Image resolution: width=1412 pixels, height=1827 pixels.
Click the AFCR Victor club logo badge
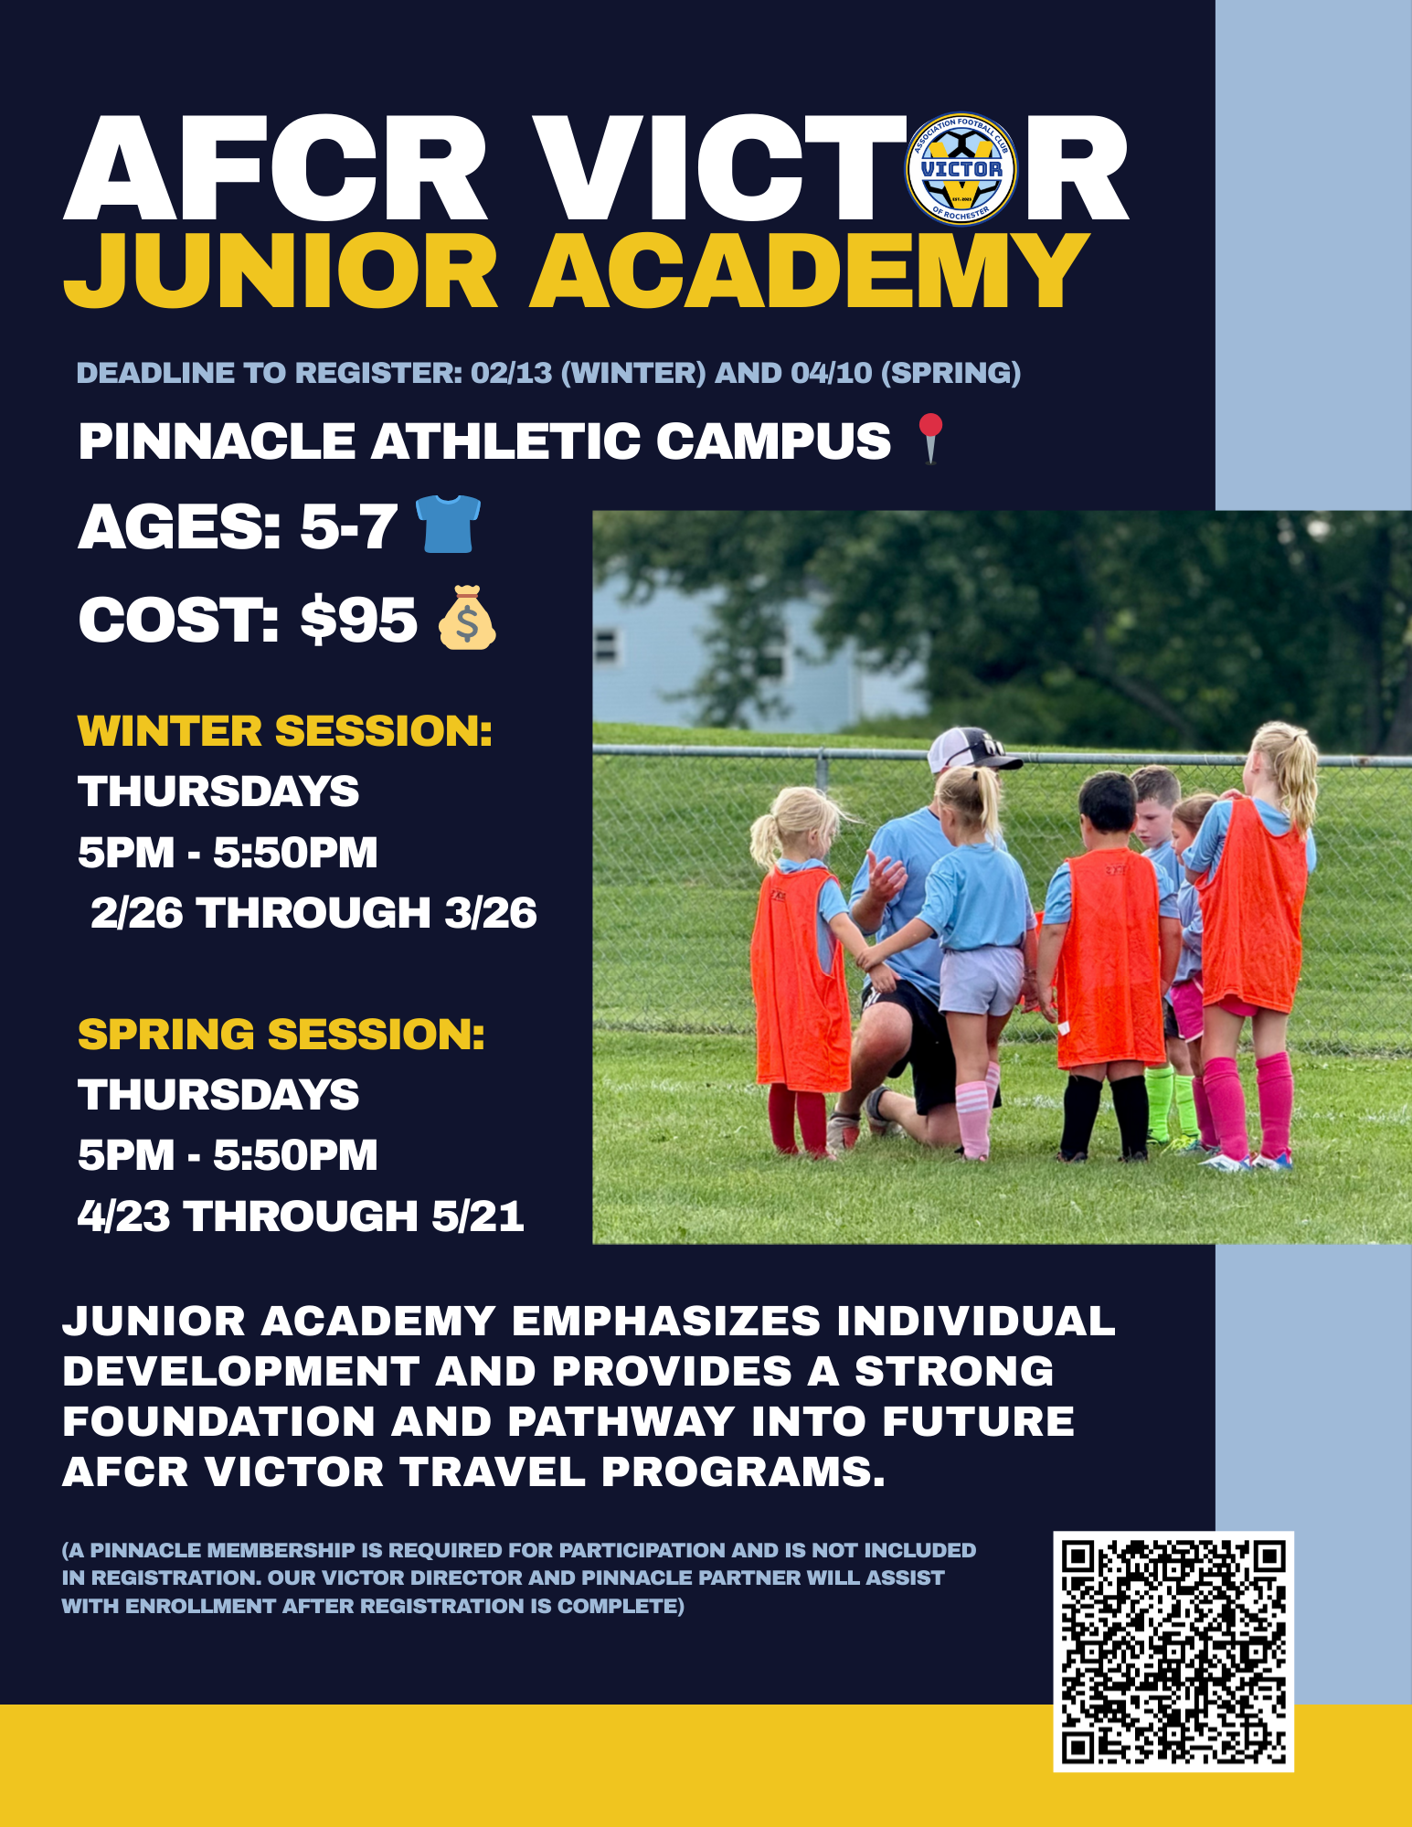tap(961, 169)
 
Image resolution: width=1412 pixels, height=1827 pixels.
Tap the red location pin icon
tap(930, 439)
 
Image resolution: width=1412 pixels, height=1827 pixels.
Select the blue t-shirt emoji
tap(448, 524)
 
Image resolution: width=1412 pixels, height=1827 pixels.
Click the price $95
tap(359, 620)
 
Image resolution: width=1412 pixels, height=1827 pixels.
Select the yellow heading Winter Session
tap(285, 731)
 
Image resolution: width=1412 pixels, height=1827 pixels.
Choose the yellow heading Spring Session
tap(281, 1035)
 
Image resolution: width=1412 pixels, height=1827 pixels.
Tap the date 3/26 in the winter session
tap(491, 913)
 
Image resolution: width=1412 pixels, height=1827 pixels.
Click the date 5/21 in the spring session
tap(478, 1216)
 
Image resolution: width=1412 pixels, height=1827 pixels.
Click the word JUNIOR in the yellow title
tap(281, 271)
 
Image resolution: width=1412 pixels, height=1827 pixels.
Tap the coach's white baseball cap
tap(971, 749)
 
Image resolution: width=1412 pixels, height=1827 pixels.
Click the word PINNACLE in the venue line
tap(217, 441)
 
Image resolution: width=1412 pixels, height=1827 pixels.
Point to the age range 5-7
tap(349, 527)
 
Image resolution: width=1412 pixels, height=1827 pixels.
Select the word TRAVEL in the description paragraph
tap(492, 1472)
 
